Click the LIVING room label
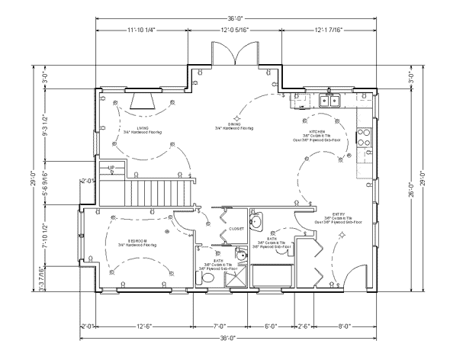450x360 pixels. (x=142, y=127)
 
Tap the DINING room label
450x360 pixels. (x=234, y=124)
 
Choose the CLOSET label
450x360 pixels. (x=236, y=229)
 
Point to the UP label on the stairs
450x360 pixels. (x=111, y=166)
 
